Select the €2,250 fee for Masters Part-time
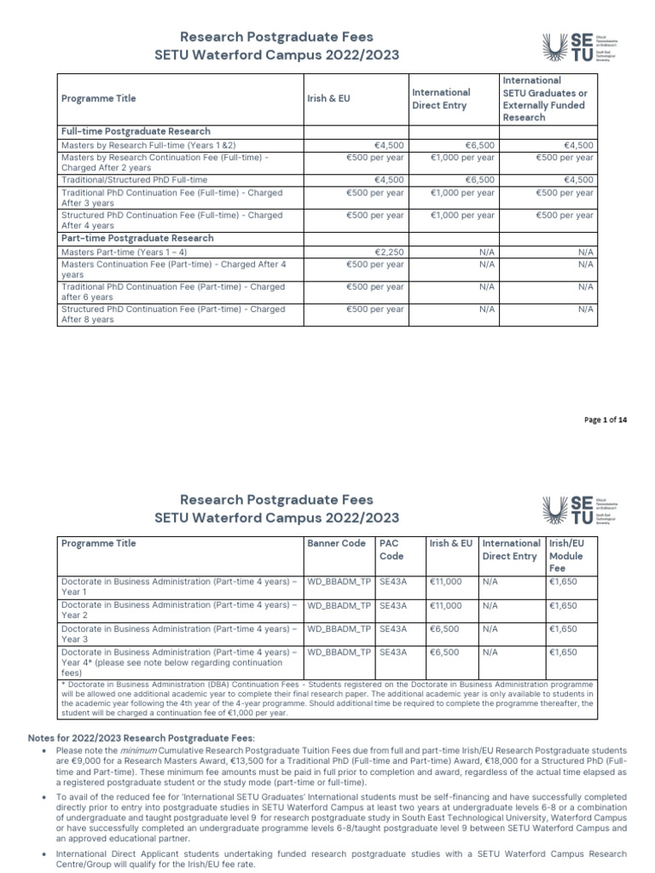[x=388, y=253]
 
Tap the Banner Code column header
[x=336, y=543]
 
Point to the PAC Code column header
[x=390, y=549]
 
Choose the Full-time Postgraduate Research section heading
[x=136, y=131]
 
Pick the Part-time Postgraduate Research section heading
[x=136, y=239]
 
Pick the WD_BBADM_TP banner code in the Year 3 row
[x=339, y=629]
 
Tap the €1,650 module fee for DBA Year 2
[x=563, y=605]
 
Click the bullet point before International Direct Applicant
[x=44, y=853]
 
